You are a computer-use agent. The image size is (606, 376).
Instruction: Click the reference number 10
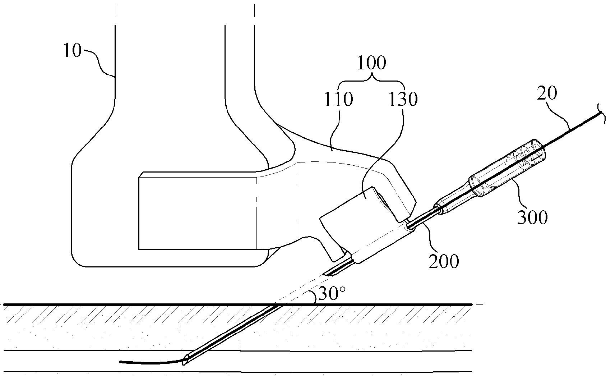coord(72,51)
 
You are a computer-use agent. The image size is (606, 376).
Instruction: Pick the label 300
coord(532,217)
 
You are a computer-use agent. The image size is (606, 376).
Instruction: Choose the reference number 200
coord(444,261)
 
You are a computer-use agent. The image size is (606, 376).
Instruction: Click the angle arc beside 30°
coord(314,297)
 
